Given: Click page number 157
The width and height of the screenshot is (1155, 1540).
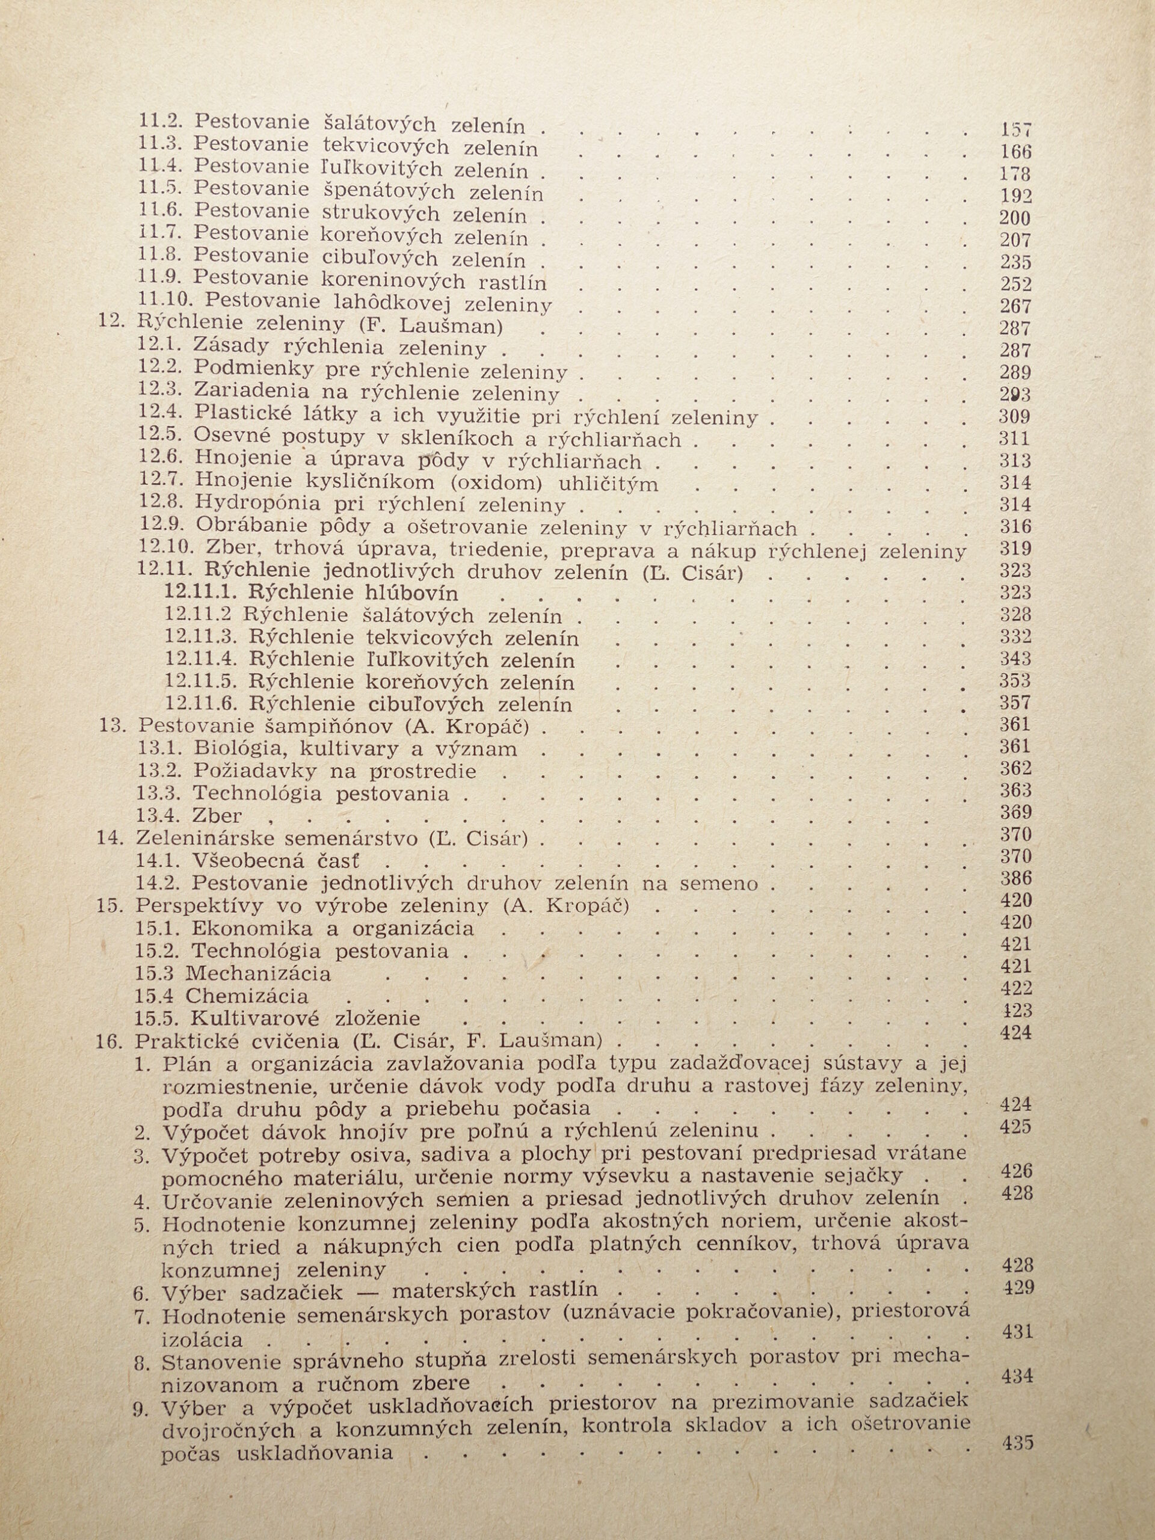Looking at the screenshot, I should pos(1016,129).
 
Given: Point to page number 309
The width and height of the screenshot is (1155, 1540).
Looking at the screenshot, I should pos(1015,416).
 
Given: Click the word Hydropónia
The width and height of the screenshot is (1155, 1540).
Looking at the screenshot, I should pos(257,503).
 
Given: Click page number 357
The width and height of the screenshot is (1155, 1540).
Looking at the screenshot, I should pos(1015,703).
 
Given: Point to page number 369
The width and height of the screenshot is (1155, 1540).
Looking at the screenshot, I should pos(1015,813).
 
